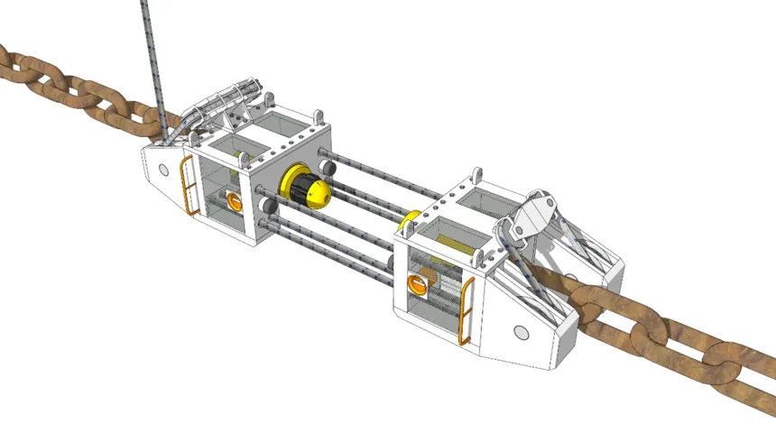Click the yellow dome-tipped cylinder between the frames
point(308,187)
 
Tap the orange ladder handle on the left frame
point(190,186)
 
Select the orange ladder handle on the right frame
point(467,312)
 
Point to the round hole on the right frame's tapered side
point(522,332)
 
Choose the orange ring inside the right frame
point(419,286)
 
